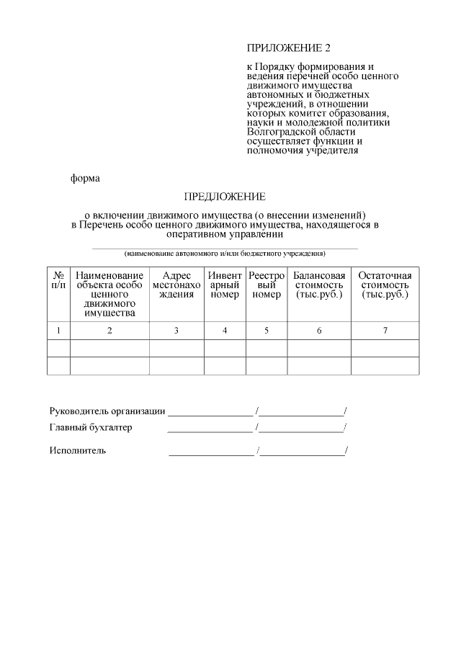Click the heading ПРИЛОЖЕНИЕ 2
point(288,48)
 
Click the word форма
point(85,178)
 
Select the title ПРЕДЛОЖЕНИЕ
point(225,196)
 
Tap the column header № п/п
point(58,280)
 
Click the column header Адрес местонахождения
point(176,285)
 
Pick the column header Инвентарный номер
point(225,285)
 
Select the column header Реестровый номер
point(267,285)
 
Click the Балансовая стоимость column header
point(319,285)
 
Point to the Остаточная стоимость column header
point(385,285)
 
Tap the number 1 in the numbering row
point(58,331)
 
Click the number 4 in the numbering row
point(225,331)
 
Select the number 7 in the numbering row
point(385,331)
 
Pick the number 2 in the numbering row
point(109,331)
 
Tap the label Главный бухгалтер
point(91,427)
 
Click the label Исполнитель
point(78,451)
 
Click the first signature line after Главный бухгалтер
point(210,430)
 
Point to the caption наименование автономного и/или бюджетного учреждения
point(225,254)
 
